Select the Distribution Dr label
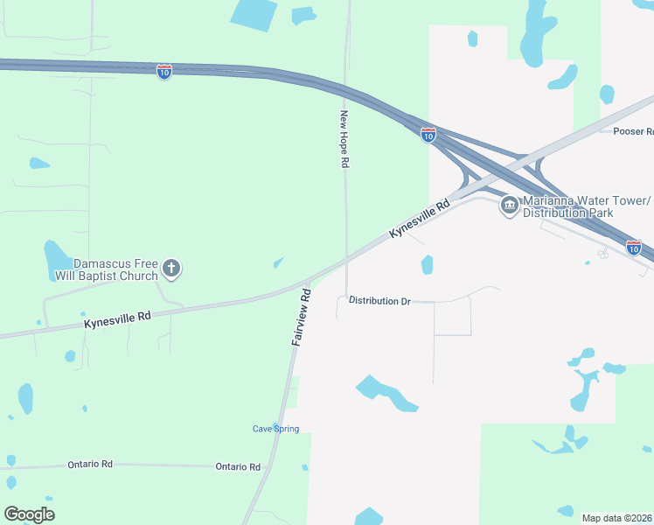click(379, 301)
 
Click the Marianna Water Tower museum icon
click(509, 206)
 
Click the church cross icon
click(171, 269)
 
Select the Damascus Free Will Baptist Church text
click(115, 269)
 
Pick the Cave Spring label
click(275, 429)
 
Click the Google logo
click(29, 514)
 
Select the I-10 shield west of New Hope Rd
click(163, 72)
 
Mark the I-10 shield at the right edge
click(634, 248)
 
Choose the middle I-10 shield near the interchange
click(428, 135)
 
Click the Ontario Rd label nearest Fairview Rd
click(238, 466)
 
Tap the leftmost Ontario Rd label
click(90, 465)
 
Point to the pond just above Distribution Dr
click(427, 264)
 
